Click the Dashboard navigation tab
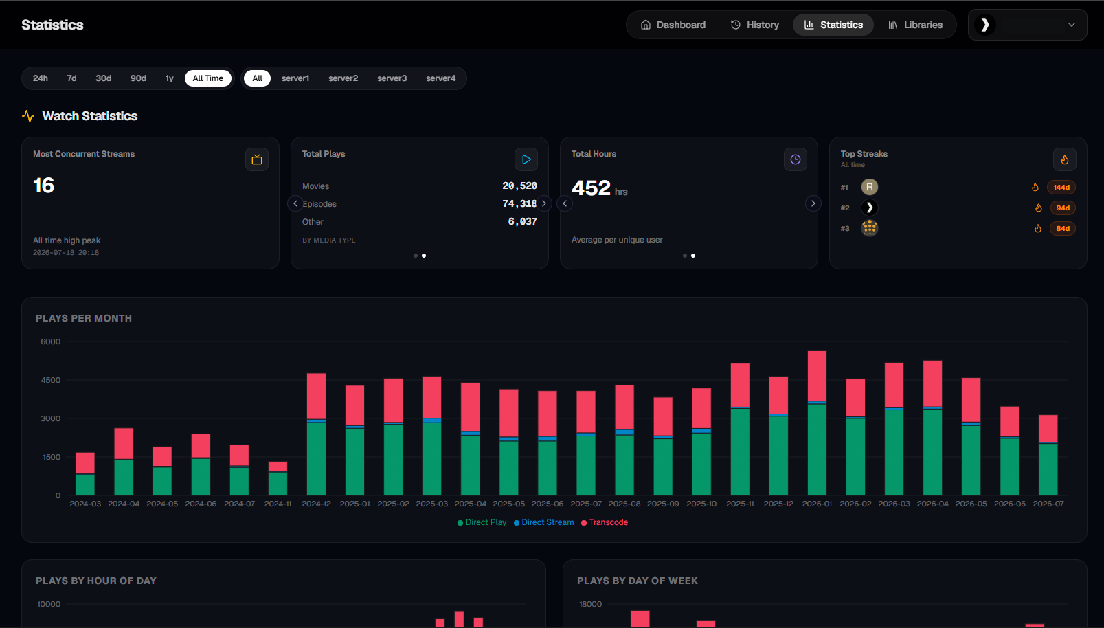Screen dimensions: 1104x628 coord(673,25)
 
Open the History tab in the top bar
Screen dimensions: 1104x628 coord(754,25)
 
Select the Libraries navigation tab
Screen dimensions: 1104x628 coord(915,25)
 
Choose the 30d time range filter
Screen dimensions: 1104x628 coord(103,78)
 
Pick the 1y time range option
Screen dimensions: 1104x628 coord(169,78)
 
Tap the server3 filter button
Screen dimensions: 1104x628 coord(392,78)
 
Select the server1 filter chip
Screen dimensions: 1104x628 coord(295,78)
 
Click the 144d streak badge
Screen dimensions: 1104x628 coord(1061,188)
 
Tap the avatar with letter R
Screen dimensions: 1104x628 coord(870,187)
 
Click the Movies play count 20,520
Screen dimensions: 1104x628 coord(519,186)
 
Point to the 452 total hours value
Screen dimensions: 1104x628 coord(591,188)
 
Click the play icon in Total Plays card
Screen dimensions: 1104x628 coord(526,159)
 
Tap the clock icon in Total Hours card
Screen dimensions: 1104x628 coord(796,159)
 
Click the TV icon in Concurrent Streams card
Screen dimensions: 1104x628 coord(257,159)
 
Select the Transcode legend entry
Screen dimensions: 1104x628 coord(605,522)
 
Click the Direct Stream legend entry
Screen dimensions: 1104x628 coord(543,522)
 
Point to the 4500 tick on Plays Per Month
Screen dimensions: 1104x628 coord(50,380)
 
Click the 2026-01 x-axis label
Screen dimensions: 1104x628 coord(817,504)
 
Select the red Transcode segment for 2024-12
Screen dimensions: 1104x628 coord(316,396)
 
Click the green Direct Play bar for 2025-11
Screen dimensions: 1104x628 coord(740,452)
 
